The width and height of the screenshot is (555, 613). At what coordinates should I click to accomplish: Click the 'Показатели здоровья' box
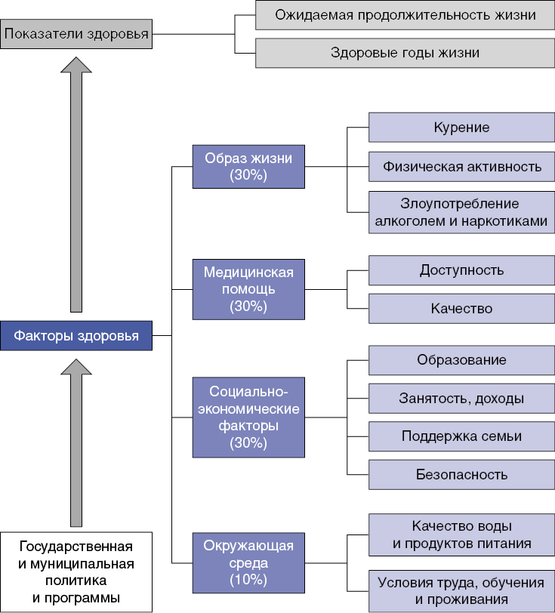coord(76,34)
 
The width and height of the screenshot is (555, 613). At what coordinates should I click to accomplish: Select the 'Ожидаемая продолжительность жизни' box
coord(405,15)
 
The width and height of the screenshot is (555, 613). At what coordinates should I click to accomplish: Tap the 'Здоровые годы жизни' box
coord(405,54)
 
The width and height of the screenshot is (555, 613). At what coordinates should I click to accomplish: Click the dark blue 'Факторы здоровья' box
coord(76,336)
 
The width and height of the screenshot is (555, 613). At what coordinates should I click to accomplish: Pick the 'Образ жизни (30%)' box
coord(248,166)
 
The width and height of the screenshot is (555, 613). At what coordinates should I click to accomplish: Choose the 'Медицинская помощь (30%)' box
coord(248,288)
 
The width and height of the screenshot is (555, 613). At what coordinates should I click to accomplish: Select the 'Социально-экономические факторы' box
coord(248,417)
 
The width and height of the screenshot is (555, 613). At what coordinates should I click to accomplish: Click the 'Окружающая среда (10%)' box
coord(248,562)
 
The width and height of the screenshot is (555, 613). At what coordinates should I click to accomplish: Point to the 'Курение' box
coord(461,128)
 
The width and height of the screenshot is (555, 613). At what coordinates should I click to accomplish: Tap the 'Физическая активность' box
coord(461,166)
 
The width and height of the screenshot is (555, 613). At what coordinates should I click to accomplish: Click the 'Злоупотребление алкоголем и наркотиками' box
coord(461,213)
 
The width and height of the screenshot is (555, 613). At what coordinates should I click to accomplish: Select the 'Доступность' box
coord(461,270)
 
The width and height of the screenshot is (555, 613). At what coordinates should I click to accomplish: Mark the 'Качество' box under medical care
coord(461,308)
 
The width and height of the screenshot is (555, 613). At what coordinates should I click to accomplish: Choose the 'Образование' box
coord(461,360)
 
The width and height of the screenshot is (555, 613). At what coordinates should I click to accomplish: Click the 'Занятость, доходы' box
coord(461,399)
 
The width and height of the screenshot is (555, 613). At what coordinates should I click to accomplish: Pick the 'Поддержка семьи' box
coord(461,436)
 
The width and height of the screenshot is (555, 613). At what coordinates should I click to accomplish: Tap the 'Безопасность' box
coord(461,475)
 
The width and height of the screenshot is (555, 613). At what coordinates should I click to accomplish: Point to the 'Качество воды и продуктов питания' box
coord(461,534)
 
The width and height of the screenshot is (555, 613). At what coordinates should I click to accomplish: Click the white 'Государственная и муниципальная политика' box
coord(76,571)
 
